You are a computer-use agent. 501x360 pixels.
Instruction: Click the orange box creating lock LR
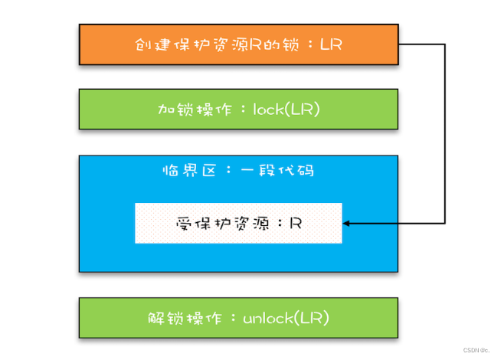pyautogui.click(x=238, y=44)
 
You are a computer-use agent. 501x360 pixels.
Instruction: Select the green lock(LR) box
pyautogui.click(x=238, y=109)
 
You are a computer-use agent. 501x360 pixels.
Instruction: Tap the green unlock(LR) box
pyautogui.click(x=238, y=316)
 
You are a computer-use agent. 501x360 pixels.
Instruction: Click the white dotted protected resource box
pyautogui.click(x=238, y=224)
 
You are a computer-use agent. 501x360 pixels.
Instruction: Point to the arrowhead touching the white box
pyautogui.click(x=346, y=224)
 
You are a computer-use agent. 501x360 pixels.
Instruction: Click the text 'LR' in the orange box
pyautogui.click(x=331, y=44)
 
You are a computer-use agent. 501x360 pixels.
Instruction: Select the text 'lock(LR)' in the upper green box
pyautogui.click(x=286, y=110)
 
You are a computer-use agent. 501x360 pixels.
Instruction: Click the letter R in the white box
pyautogui.click(x=296, y=224)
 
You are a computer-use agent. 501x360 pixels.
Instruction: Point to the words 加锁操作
pyautogui.click(x=187, y=110)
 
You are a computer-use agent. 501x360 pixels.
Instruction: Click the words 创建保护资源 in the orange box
pyautogui.click(x=184, y=44)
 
